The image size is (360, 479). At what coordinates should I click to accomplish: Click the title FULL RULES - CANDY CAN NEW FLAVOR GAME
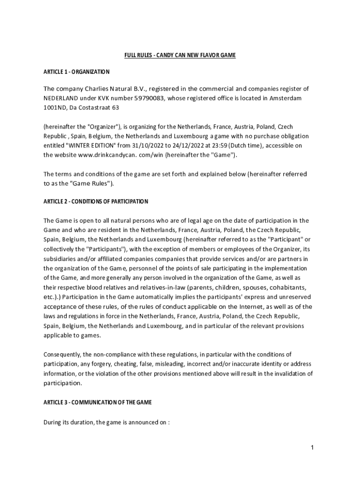pos(180,56)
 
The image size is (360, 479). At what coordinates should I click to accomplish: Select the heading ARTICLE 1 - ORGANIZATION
pos(77,72)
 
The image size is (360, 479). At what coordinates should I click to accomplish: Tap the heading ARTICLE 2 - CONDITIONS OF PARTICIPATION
pos(96,201)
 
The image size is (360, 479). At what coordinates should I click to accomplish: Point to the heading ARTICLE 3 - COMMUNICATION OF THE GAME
pos(98,402)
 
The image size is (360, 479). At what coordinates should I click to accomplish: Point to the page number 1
pos(312,448)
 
